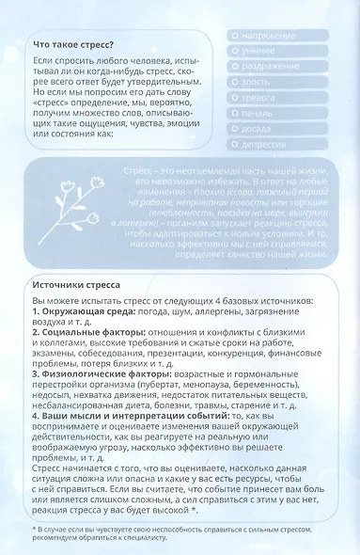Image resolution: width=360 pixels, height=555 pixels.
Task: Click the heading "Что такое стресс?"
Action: tap(73, 43)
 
